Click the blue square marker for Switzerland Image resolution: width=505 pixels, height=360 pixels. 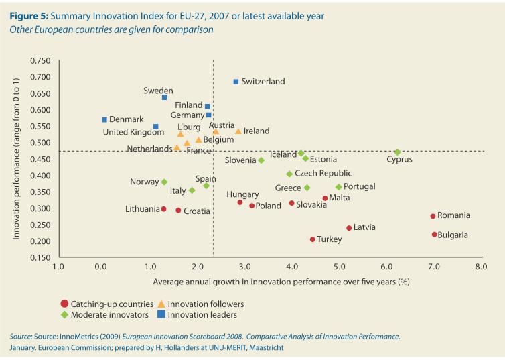(x=236, y=82)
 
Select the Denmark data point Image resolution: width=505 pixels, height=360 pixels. (x=104, y=120)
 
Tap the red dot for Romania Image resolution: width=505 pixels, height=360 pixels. (x=433, y=216)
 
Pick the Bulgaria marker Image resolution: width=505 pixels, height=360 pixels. (x=434, y=235)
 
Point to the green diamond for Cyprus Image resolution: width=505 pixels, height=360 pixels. (x=398, y=152)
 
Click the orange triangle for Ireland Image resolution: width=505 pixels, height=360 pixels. (x=238, y=131)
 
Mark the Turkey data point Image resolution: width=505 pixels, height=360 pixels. (x=312, y=239)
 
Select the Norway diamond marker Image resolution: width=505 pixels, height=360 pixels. (x=164, y=182)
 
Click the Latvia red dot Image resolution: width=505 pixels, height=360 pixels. (x=349, y=228)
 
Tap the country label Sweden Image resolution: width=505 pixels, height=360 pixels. (x=158, y=91)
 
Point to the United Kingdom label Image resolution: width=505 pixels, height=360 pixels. (x=133, y=132)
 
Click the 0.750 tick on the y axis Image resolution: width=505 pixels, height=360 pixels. (x=40, y=61)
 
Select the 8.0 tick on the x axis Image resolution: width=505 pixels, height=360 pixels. (x=480, y=267)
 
